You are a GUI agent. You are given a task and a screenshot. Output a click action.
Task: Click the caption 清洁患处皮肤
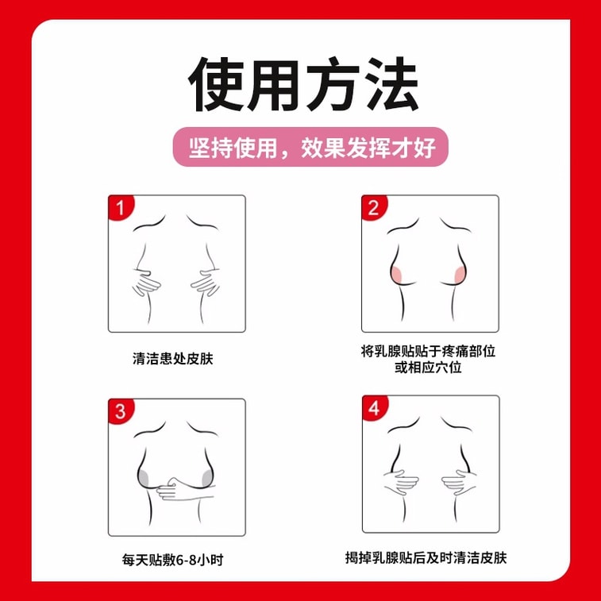coord(173,358)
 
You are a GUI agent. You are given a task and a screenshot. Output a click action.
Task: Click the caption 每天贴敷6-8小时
coord(174,560)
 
